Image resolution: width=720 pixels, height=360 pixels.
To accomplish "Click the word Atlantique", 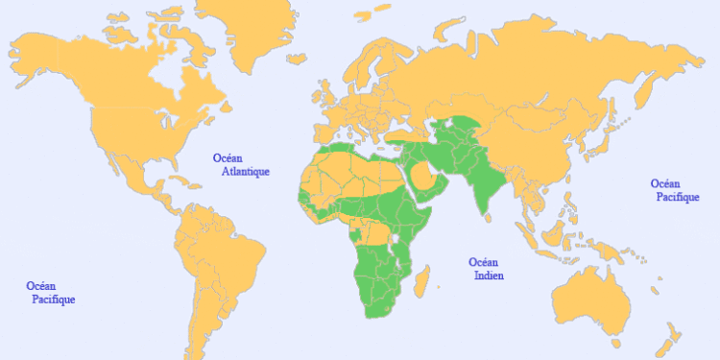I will pos(246,172).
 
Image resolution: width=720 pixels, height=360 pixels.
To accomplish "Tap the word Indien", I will pos(489,276).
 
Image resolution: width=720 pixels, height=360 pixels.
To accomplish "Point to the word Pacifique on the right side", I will pos(678,197).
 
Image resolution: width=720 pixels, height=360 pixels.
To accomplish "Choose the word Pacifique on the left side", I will pos(50,300).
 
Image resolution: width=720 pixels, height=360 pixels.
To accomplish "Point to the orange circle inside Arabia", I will pos(423,175).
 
